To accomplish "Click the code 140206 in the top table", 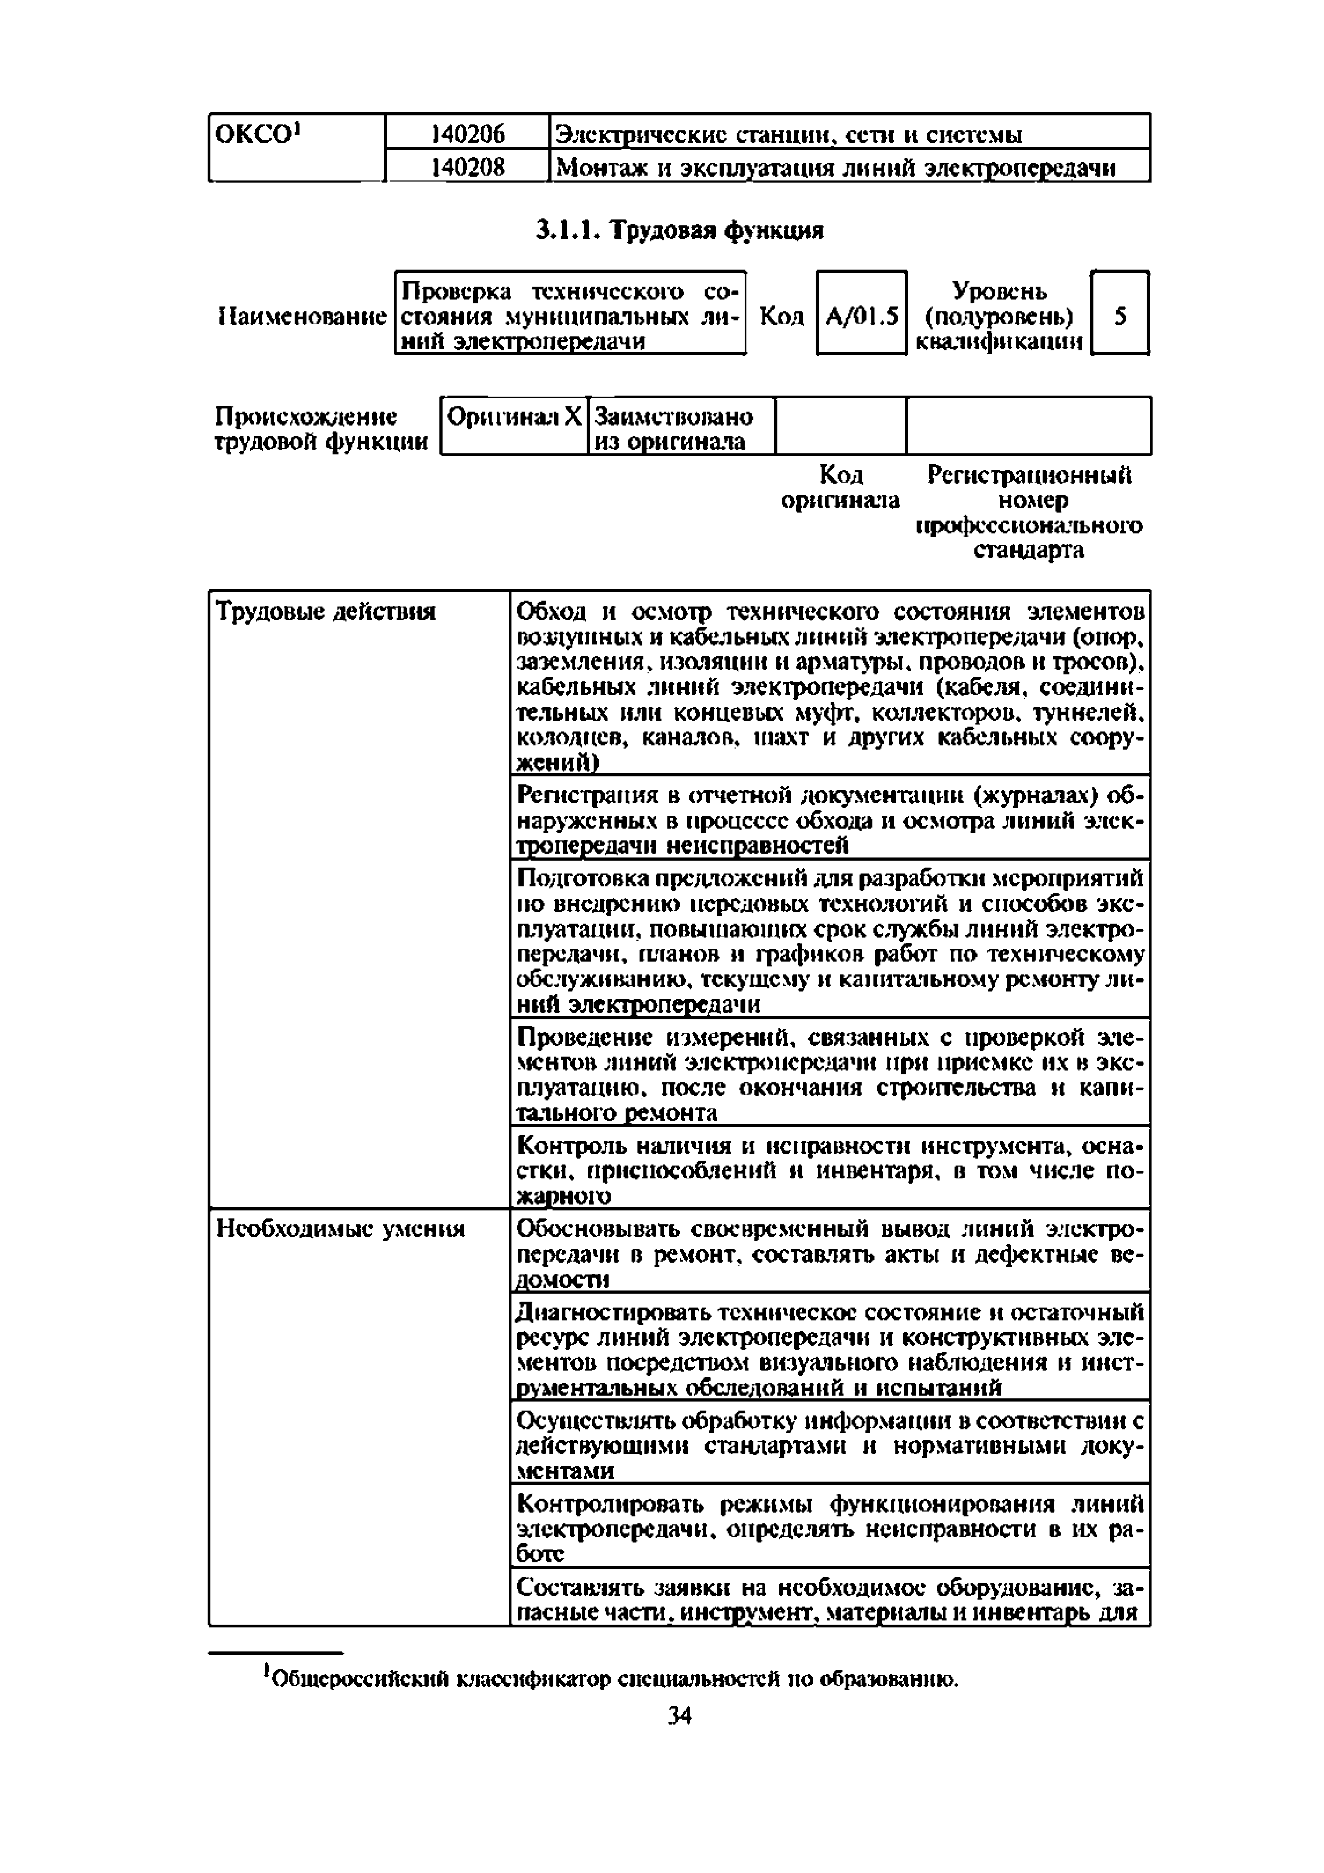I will tap(468, 133).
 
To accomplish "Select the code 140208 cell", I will tap(468, 167).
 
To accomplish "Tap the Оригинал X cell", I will tap(514, 418).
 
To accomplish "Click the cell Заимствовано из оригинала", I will tap(674, 429).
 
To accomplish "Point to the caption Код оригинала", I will tap(840, 487).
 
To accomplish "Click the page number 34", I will tap(679, 1715).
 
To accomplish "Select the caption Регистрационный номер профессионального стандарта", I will tap(1029, 513).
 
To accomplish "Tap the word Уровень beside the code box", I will tap(999, 291).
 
